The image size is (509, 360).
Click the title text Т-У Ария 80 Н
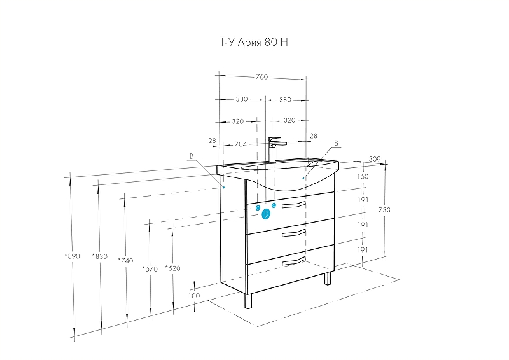(x=254, y=42)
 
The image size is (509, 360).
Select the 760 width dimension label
(x=261, y=77)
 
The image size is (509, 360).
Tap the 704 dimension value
(x=241, y=144)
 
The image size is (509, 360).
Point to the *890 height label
(x=72, y=256)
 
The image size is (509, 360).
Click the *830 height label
(x=100, y=256)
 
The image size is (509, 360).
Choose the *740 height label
(x=125, y=260)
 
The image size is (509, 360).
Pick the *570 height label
(x=150, y=269)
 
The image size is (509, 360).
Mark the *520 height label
(x=172, y=268)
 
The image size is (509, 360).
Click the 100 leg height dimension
(x=194, y=296)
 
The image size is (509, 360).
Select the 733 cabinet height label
(x=384, y=210)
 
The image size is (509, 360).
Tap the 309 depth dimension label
(x=375, y=159)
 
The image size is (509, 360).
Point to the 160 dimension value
(x=363, y=176)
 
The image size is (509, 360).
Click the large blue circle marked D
(x=266, y=214)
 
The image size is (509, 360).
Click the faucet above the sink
(x=274, y=149)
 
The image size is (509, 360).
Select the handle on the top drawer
(x=294, y=205)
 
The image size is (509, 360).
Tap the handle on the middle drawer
(x=294, y=233)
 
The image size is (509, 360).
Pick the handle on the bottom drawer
(x=294, y=261)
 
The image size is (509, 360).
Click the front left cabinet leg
(x=248, y=301)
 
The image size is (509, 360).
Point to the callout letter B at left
(x=192, y=156)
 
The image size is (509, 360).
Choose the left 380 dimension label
(x=242, y=99)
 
